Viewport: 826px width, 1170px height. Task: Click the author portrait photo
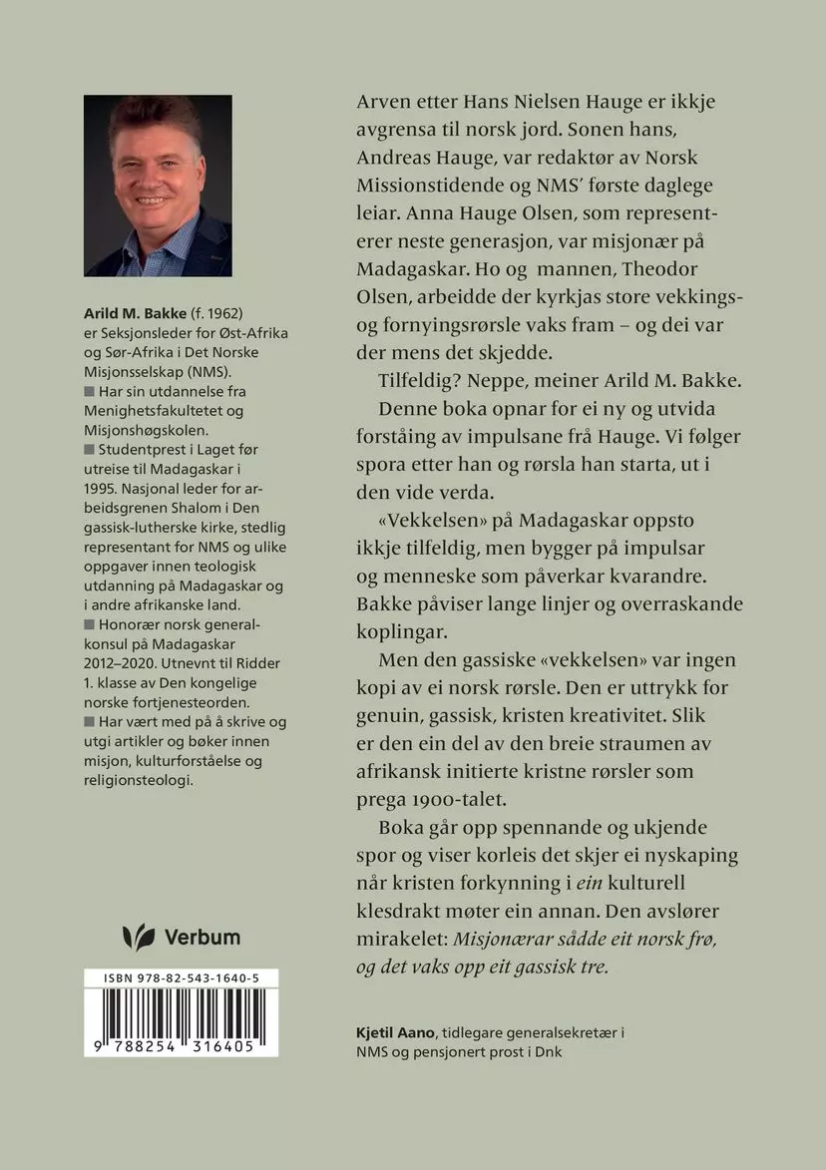pos(158,186)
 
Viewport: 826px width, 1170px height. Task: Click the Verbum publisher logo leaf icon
pos(138,937)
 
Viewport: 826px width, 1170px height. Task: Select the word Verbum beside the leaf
pos(202,937)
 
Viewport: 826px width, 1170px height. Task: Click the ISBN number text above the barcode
pos(181,981)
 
